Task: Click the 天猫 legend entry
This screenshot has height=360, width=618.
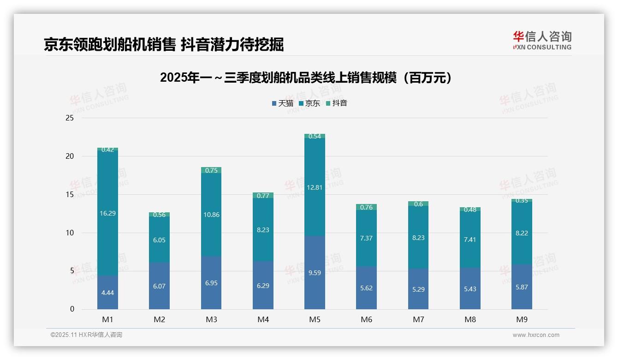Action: (x=282, y=103)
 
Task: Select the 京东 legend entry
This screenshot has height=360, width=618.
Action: (x=309, y=103)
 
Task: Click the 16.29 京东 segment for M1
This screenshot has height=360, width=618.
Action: (x=107, y=213)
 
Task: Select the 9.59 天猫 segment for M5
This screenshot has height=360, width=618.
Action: (x=315, y=273)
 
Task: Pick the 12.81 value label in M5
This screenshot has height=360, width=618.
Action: (x=315, y=187)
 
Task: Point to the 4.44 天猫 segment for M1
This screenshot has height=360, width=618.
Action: (x=107, y=292)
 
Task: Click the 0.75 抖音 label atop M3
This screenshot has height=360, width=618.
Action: (x=211, y=170)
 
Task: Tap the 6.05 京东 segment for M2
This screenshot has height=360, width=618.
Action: (x=159, y=240)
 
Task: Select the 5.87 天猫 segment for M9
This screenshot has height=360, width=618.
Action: (x=522, y=287)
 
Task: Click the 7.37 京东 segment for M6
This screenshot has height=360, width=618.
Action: (x=366, y=238)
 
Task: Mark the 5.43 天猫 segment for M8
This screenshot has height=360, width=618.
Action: (x=470, y=288)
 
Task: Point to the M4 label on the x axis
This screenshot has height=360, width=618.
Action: (x=263, y=319)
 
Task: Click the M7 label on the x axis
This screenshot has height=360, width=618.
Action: (x=418, y=319)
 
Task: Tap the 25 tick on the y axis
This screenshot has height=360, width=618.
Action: (x=70, y=118)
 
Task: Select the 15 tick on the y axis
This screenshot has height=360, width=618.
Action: (x=70, y=195)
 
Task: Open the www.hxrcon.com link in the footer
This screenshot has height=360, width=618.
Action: (x=536, y=335)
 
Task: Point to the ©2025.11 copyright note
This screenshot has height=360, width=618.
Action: (x=86, y=335)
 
